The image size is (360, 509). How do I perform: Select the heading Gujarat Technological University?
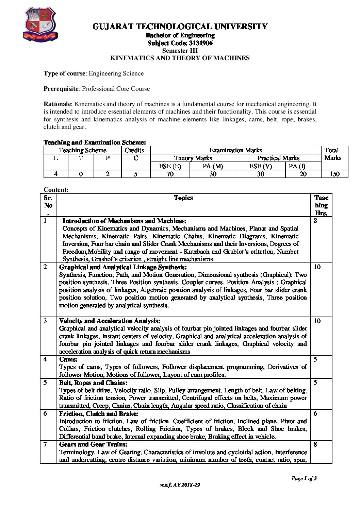pos(180,27)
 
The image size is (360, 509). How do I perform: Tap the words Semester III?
pos(180,51)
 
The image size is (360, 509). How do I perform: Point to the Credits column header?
pos(134,150)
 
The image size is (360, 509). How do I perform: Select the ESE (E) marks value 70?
pos(170,174)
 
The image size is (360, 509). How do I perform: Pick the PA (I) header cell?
pos(297,166)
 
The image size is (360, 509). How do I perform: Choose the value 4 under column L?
pos(55,174)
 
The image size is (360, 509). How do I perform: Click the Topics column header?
pos(183,198)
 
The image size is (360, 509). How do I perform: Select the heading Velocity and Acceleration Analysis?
pos(110,321)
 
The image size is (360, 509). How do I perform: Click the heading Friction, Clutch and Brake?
pos(99,413)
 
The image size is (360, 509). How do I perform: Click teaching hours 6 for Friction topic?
pos(315,413)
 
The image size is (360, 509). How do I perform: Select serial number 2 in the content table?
pos(45,267)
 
